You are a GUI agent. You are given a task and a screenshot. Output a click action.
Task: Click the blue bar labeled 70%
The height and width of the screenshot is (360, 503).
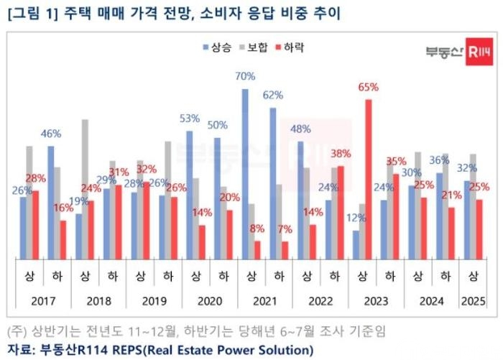(245, 174)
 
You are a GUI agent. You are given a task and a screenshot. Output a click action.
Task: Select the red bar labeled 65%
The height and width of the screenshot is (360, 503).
(368, 180)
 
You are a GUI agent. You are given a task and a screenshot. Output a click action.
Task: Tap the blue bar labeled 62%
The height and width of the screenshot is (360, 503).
(272, 183)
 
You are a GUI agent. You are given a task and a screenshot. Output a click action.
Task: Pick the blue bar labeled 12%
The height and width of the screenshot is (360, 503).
(356, 245)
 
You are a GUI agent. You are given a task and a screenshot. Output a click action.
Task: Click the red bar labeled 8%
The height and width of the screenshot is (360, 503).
(257, 250)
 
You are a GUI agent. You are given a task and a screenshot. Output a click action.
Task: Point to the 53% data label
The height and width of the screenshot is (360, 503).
(190, 119)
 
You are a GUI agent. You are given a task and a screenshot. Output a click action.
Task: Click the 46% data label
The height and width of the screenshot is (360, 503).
(51, 134)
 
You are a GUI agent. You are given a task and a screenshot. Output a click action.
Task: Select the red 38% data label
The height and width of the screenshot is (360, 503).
(341, 153)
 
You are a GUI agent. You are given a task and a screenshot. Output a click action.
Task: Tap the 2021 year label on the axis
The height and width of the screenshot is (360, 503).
(264, 301)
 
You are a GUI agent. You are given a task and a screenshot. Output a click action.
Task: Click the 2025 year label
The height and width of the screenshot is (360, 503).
(473, 301)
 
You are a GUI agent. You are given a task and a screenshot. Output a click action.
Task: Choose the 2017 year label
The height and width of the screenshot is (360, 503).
(43, 301)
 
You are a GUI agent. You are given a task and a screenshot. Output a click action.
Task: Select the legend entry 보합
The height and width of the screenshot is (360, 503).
(254, 47)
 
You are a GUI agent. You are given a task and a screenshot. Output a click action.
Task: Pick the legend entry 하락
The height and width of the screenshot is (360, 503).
(290, 47)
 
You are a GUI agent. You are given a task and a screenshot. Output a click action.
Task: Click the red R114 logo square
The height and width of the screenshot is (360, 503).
(479, 52)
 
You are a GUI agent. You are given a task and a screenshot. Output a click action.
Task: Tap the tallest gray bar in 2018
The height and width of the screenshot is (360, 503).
(85, 189)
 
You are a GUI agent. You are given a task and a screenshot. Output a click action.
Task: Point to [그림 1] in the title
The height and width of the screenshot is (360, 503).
(32, 14)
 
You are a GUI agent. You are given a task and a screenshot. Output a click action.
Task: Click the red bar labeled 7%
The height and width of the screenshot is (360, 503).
(285, 251)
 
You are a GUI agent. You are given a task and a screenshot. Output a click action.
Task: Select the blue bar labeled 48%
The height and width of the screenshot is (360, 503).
(300, 200)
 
